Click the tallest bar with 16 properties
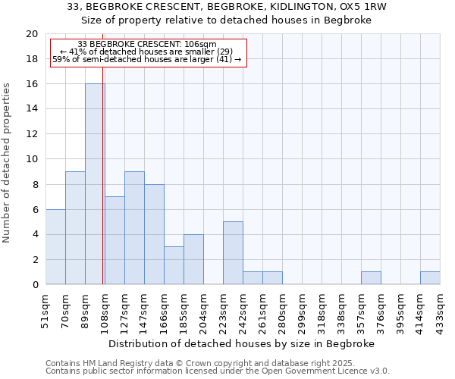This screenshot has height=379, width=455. point(95,184)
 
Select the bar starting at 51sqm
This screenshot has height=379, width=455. point(55,247)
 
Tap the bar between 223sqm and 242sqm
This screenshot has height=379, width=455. point(233,253)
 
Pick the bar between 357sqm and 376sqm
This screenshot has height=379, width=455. point(371,278)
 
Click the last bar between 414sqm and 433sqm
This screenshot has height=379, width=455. point(430,278)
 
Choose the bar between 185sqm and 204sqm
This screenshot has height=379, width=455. point(193,259)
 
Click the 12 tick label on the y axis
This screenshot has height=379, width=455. point(31,134)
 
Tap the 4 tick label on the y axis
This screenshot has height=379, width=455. point(34,234)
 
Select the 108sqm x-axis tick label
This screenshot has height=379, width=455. point(105,310)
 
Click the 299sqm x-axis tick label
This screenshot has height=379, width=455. point(303,310)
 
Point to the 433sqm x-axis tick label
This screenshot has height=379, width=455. point(441,310)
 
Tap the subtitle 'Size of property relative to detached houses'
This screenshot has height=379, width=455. point(227,20)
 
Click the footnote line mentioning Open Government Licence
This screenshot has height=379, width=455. point(218,371)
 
